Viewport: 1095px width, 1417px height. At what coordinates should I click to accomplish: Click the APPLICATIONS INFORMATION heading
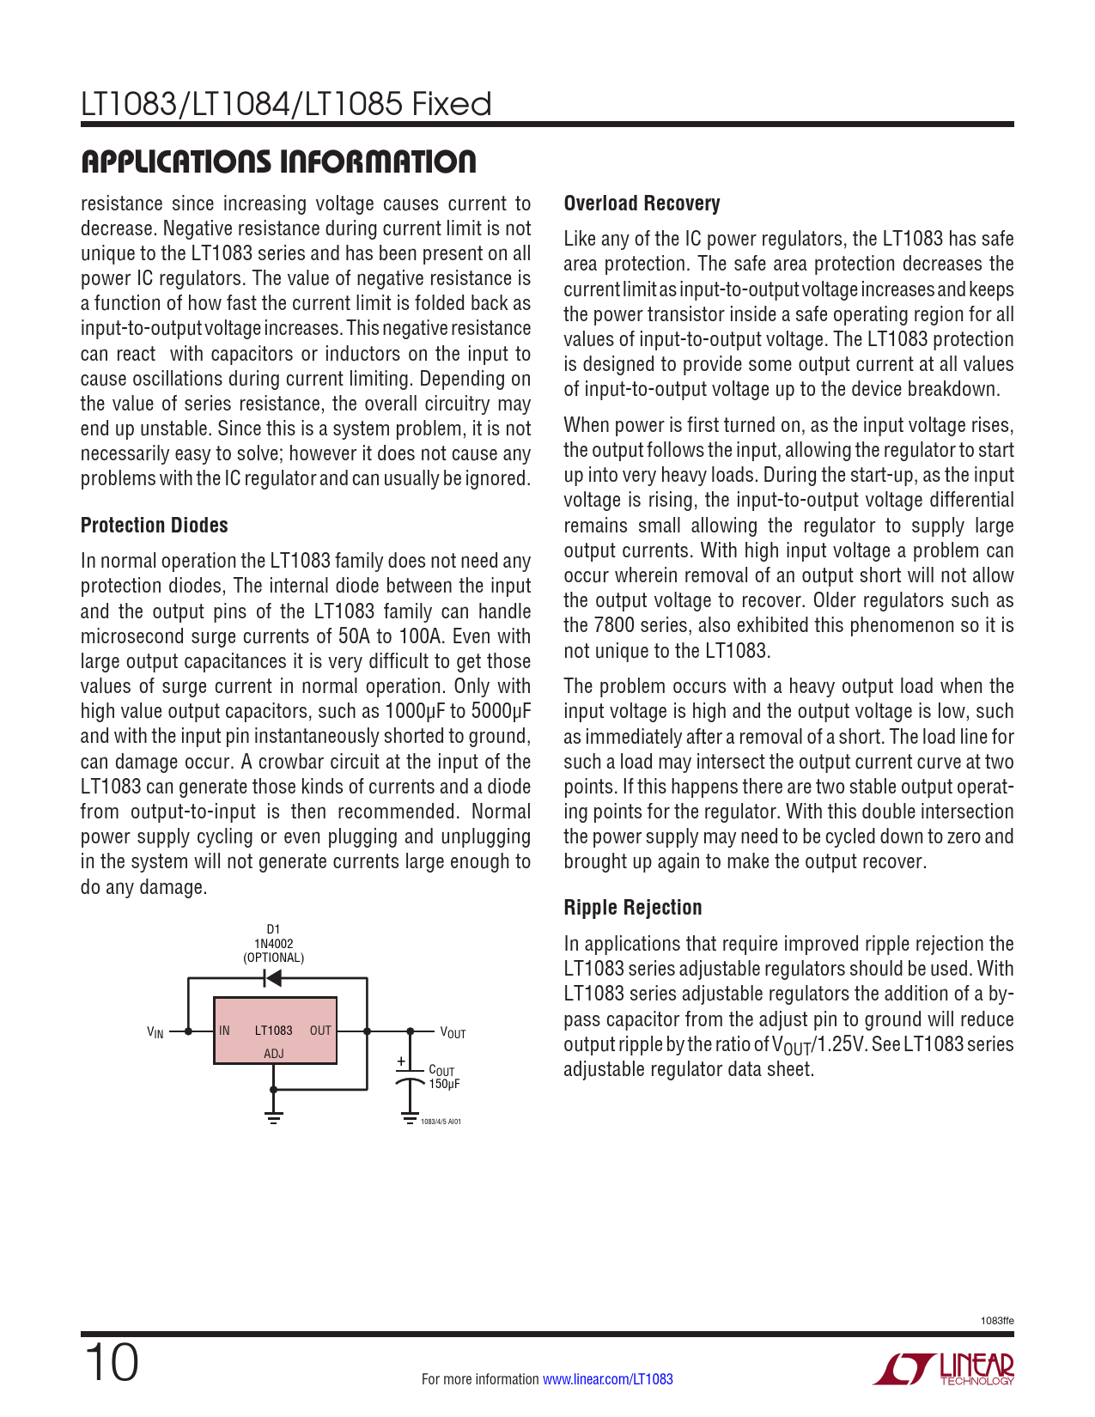click(278, 162)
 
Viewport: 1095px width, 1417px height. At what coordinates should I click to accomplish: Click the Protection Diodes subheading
click(155, 526)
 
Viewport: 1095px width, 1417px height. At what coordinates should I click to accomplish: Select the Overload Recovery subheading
click(642, 204)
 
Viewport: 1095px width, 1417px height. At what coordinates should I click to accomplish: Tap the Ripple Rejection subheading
click(632, 908)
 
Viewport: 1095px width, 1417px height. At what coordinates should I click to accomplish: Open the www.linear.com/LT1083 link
click(607, 1379)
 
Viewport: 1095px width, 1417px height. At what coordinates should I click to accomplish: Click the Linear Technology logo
click(944, 1369)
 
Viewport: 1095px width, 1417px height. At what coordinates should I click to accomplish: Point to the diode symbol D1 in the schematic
click(273, 978)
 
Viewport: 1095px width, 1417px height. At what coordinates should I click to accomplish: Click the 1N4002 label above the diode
click(273, 943)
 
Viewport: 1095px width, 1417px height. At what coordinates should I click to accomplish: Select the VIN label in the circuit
click(155, 1032)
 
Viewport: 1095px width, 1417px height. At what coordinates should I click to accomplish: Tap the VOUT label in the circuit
click(453, 1032)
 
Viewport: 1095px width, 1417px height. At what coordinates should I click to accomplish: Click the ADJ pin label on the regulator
click(273, 1054)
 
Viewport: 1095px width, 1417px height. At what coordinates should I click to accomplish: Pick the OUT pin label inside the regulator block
click(320, 1031)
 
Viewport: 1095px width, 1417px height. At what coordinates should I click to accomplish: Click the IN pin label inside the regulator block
click(224, 1031)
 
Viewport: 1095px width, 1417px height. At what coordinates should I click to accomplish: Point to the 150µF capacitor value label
click(444, 1084)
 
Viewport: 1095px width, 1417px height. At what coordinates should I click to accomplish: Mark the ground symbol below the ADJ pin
click(273, 1117)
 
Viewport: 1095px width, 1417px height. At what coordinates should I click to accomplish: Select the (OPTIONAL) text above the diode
click(273, 958)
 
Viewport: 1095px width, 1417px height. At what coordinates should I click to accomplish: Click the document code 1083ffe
click(997, 1321)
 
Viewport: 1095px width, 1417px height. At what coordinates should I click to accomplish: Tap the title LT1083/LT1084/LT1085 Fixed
click(286, 104)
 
